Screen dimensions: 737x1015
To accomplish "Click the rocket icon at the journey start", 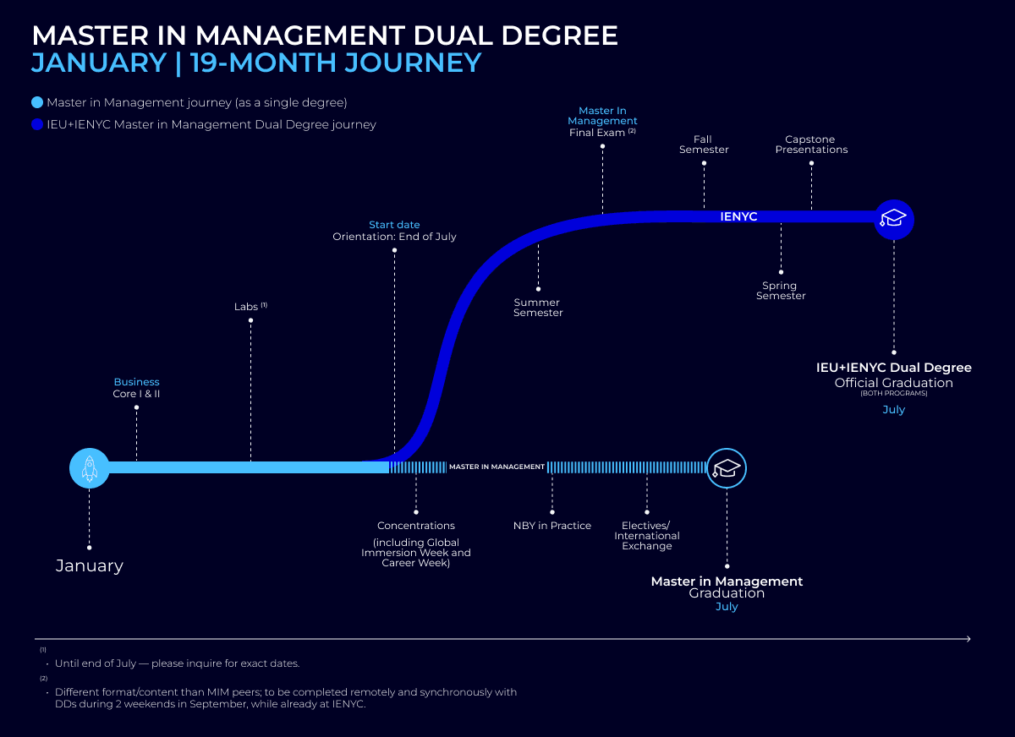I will pyautogui.click(x=90, y=467).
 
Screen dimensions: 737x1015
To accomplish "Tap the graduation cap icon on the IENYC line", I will pyautogui.click(x=894, y=220).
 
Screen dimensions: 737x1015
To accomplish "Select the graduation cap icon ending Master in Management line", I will pyautogui.click(x=727, y=468).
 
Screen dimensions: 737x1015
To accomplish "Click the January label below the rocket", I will pyautogui.click(x=90, y=566).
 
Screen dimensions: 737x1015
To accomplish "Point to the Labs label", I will pyautogui.click(x=246, y=307).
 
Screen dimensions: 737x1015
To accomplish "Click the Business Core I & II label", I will pyautogui.click(x=136, y=388).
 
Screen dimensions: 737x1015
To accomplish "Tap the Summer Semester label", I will pyautogui.click(x=538, y=308).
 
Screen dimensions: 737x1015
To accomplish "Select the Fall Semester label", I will pyautogui.click(x=704, y=145).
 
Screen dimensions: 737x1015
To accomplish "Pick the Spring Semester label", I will pyautogui.click(x=781, y=291).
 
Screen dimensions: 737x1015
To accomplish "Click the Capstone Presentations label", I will pyautogui.click(x=811, y=145).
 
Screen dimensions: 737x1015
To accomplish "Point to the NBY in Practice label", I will pyautogui.click(x=552, y=526).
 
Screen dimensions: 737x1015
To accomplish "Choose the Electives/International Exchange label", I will pyautogui.click(x=647, y=536).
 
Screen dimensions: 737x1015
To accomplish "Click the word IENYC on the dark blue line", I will pyautogui.click(x=738, y=217).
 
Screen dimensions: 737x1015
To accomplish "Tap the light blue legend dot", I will pyautogui.click(x=37, y=103).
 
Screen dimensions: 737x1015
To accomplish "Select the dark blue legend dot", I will pyautogui.click(x=37, y=125).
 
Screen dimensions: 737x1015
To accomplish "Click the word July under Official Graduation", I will pyautogui.click(x=894, y=410).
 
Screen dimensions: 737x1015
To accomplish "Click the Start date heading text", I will pyautogui.click(x=394, y=225).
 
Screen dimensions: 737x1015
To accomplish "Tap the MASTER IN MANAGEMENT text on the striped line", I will pyautogui.click(x=497, y=467).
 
